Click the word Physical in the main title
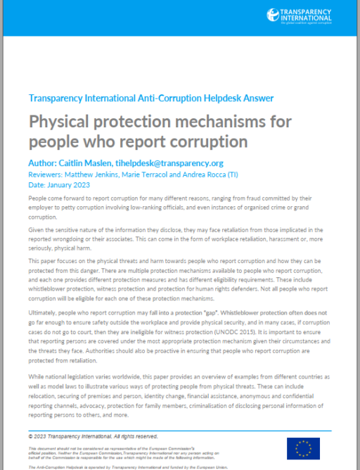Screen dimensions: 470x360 63,121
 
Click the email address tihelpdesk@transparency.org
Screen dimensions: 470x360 183,163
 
